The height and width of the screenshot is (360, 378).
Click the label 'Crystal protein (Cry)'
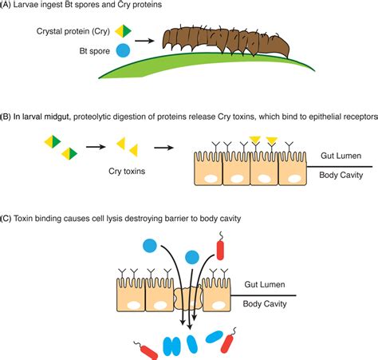coord(73,31)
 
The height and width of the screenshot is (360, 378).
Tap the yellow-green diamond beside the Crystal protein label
coord(123,31)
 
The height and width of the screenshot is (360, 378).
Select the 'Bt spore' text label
coord(95,51)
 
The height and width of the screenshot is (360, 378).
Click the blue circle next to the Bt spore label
coord(124,50)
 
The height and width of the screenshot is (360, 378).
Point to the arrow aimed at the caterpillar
coord(144,41)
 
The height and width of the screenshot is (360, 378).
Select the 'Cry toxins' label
coord(127,171)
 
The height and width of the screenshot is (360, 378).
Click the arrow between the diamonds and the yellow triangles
coord(96,147)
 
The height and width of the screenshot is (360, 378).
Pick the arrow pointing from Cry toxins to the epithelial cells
coord(164,148)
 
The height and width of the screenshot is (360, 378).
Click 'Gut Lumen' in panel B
coord(341,156)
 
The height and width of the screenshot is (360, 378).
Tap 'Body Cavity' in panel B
coord(341,175)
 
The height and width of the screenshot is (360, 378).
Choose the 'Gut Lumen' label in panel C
coord(265,284)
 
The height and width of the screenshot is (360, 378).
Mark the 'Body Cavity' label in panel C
coord(265,304)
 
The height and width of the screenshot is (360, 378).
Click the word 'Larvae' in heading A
coord(25,5)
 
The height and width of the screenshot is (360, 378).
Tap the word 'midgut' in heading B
coord(57,117)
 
